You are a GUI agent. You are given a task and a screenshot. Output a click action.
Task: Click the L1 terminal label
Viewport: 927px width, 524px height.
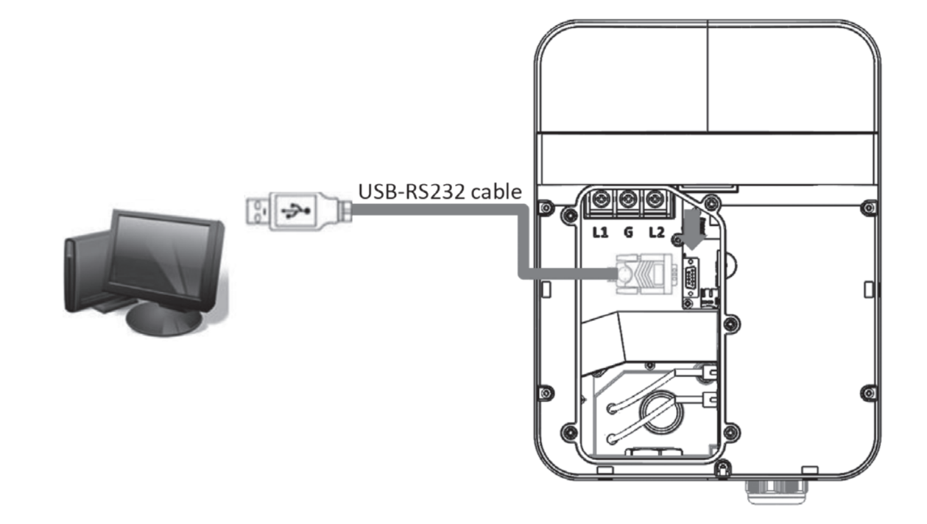click(x=601, y=233)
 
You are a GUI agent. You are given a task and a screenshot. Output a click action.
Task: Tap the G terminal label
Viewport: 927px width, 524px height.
click(x=628, y=233)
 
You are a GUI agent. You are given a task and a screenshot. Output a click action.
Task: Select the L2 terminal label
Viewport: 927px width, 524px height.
click(x=656, y=233)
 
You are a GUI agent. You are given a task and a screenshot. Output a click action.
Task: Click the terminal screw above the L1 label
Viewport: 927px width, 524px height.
click(x=601, y=200)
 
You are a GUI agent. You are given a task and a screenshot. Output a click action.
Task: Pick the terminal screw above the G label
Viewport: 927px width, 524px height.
click(x=628, y=200)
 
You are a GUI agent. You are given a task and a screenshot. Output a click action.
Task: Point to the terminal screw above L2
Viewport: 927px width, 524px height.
click(x=655, y=200)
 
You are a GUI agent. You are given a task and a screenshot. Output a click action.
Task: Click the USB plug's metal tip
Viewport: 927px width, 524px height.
click(x=258, y=211)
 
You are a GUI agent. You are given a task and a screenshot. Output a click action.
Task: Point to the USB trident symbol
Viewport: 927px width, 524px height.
click(x=295, y=211)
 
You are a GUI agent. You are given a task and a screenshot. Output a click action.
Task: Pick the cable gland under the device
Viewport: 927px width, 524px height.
click(x=775, y=492)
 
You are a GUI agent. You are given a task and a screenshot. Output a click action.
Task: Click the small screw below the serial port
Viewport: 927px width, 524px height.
click(x=688, y=304)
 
